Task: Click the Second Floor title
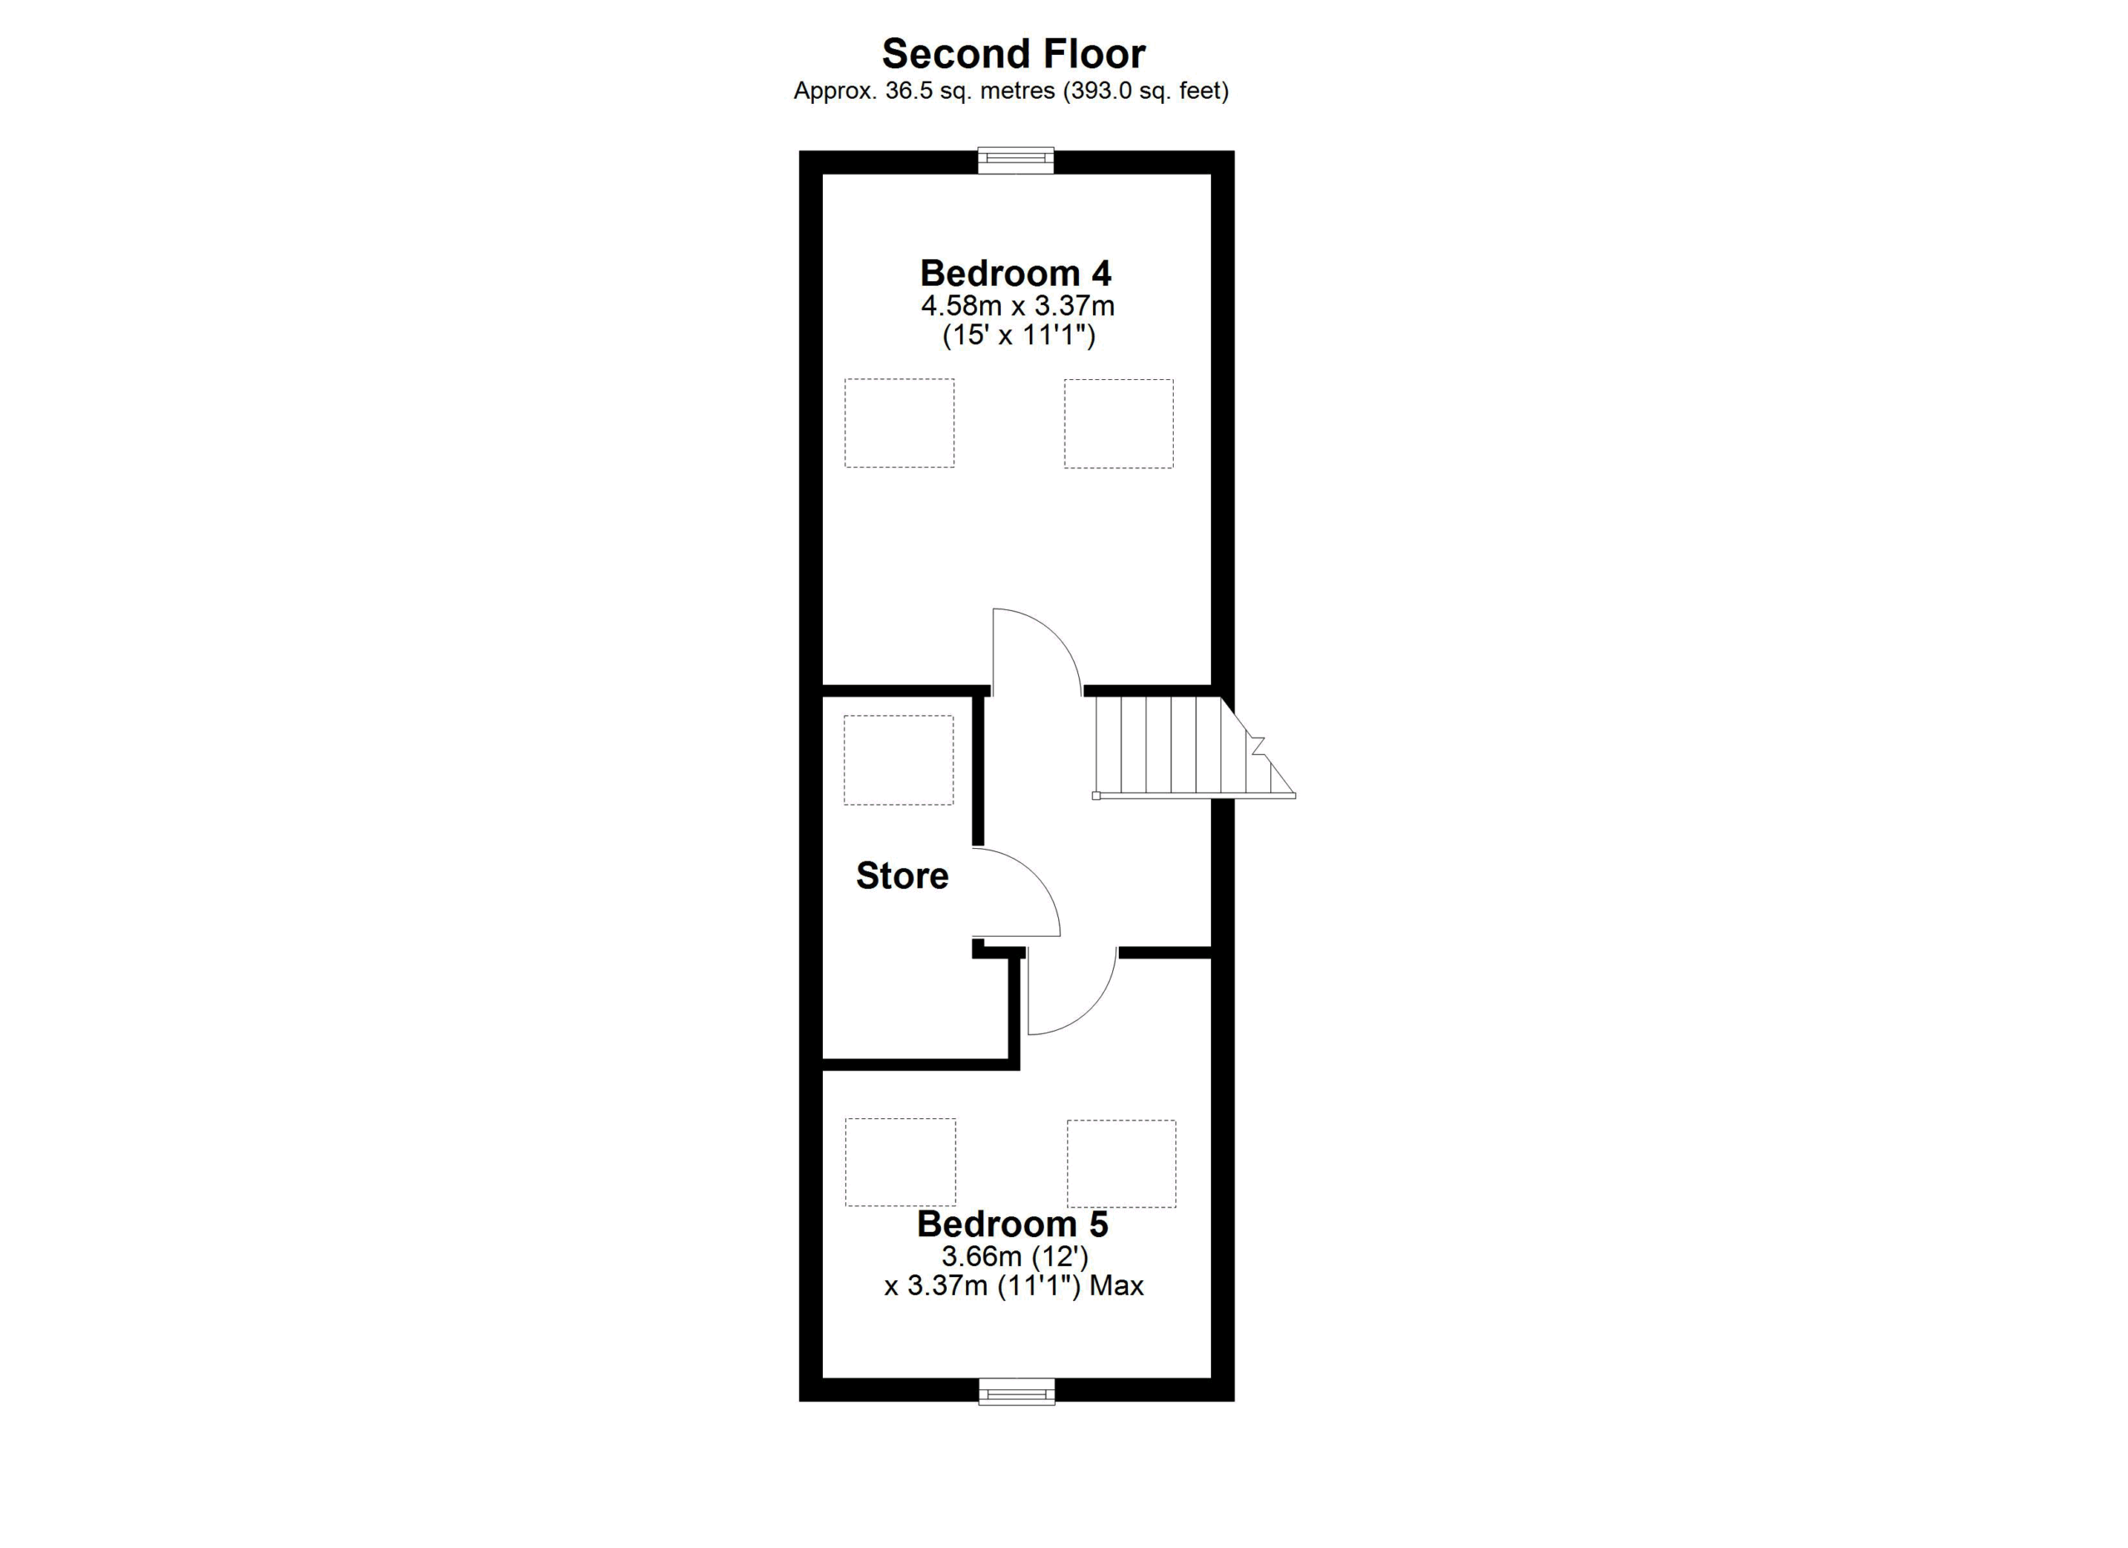(x=1013, y=53)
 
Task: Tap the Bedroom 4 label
(x=1015, y=273)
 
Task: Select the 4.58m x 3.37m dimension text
(x=1017, y=305)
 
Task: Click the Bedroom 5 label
(x=1012, y=1224)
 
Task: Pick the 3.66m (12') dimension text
(x=1015, y=1256)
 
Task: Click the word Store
(x=902, y=875)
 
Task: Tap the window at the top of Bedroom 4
(x=1016, y=160)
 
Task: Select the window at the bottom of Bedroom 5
(x=1016, y=1392)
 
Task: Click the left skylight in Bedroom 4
(x=899, y=423)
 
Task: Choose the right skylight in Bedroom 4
(x=1118, y=423)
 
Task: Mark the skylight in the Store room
(x=899, y=760)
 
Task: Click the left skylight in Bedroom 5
(x=901, y=1162)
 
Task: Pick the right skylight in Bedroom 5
(x=1121, y=1164)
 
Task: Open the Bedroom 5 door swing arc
(x=1092, y=1012)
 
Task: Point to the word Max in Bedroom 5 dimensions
(x=1116, y=1285)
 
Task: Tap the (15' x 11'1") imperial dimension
(x=1019, y=335)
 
